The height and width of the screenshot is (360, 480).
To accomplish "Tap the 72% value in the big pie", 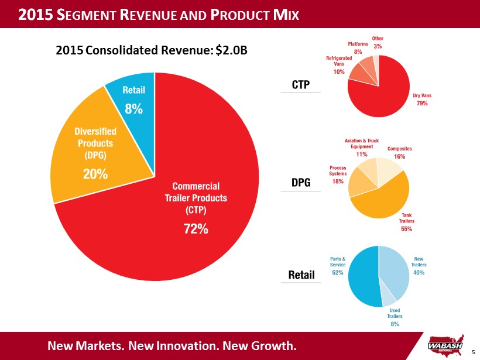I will coord(196,229).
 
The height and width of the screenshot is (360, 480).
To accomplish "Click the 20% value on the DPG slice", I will coord(95,174).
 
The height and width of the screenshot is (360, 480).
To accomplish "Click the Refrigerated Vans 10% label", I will coord(339,65).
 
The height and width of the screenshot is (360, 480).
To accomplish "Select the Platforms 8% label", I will coord(358,48).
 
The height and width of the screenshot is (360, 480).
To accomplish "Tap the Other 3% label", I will coord(378,42).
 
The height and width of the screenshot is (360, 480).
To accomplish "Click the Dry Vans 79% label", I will coord(421,100).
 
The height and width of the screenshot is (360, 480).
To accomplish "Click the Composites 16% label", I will coord(400,153).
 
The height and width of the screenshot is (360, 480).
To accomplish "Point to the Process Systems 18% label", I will coord(338,174).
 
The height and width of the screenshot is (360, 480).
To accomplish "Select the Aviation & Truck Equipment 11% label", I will coord(361,148).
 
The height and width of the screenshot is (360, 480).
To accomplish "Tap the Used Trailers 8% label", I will coord(395,317).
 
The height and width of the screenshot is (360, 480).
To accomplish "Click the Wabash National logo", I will coord(448,344).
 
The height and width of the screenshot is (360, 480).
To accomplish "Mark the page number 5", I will coord(473,352).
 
